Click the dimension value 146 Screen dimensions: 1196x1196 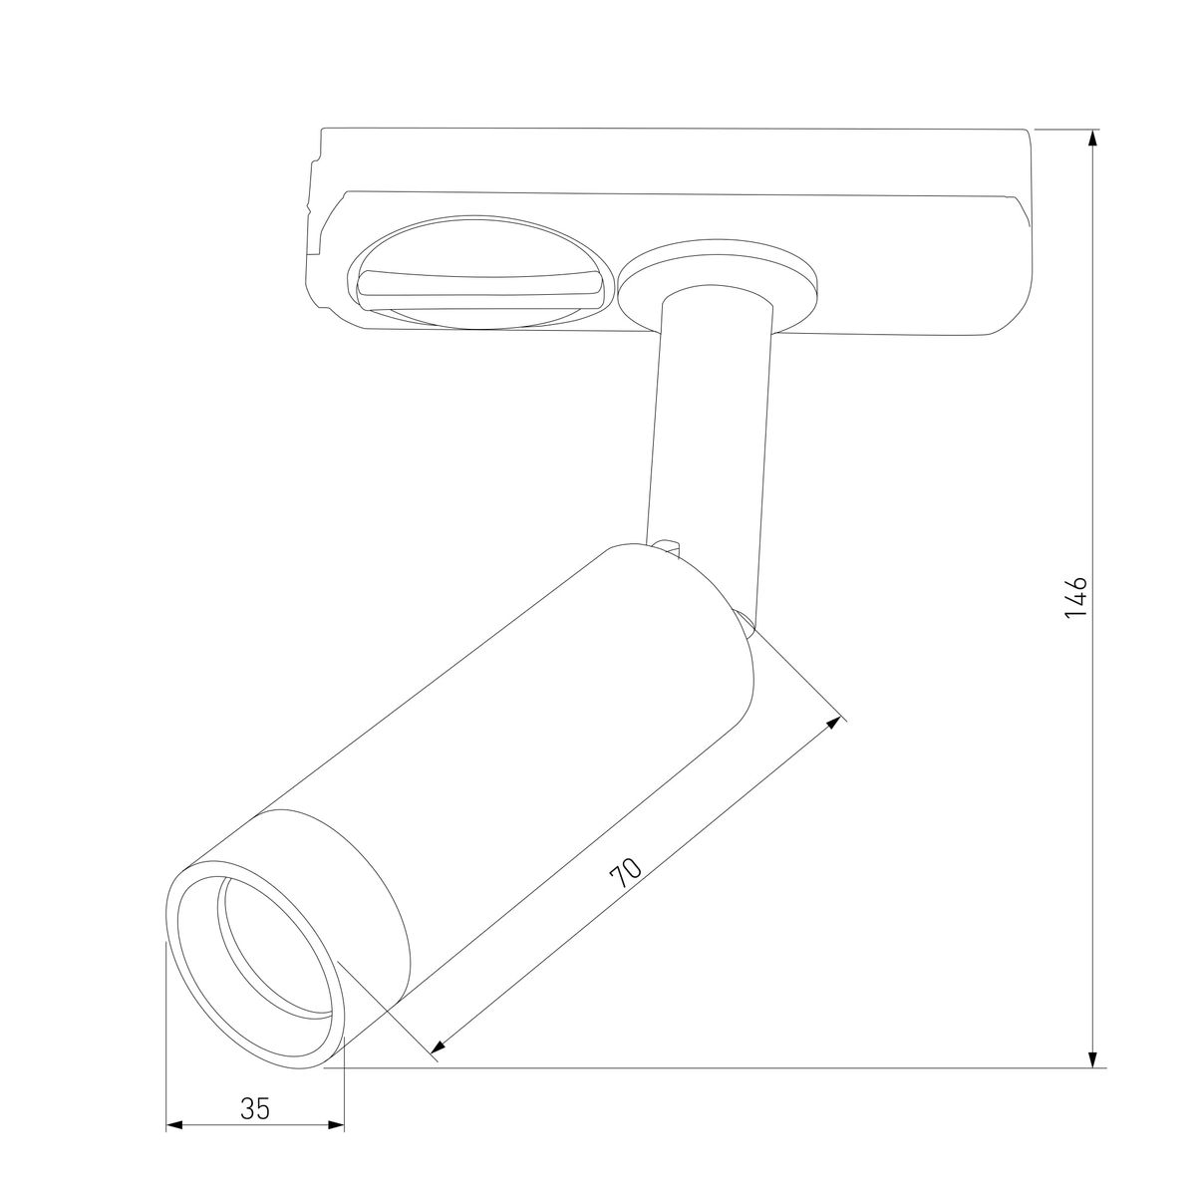tap(1075, 598)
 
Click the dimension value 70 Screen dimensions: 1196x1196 tap(626, 874)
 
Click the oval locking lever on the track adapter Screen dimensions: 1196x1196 tap(482, 272)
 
